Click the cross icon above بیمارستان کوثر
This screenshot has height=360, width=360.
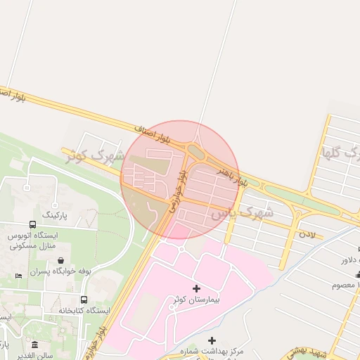pos(196,288)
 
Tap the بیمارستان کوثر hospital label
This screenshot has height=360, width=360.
pos(196,300)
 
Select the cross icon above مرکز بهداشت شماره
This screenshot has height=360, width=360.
pos(213,341)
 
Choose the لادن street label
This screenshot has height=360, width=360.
pos(309,232)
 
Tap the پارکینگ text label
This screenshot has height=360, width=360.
pos(57,213)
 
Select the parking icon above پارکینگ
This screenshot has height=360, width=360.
pos(27,188)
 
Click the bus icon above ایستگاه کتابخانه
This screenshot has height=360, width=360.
pos(84,300)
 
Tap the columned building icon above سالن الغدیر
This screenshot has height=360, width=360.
pos(35,343)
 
